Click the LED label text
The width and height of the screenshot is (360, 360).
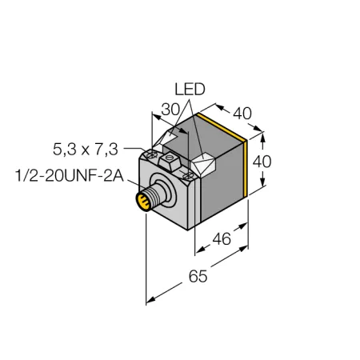190,90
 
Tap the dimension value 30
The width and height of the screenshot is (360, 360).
170,110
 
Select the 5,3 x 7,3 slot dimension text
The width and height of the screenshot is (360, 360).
86,150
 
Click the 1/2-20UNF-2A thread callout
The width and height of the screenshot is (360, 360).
70,176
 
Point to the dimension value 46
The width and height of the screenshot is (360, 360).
222,238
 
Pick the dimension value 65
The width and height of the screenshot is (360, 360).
198,276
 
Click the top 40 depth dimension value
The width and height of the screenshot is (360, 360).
242,114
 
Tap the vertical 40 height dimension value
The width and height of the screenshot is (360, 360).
262,162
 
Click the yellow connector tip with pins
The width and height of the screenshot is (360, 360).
143,202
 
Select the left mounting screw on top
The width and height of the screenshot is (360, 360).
151,154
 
